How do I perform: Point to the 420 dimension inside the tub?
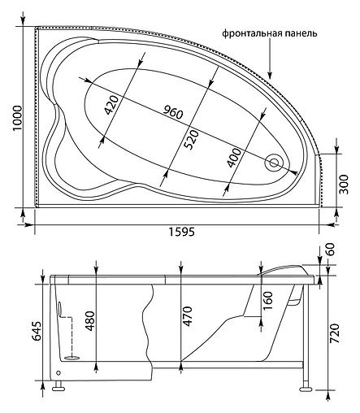(x=113, y=106)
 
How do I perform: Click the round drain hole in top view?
(x=275, y=163)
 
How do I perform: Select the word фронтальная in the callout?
(x=252, y=34)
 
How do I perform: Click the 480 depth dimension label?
(x=89, y=322)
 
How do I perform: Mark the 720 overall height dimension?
(x=345, y=334)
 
